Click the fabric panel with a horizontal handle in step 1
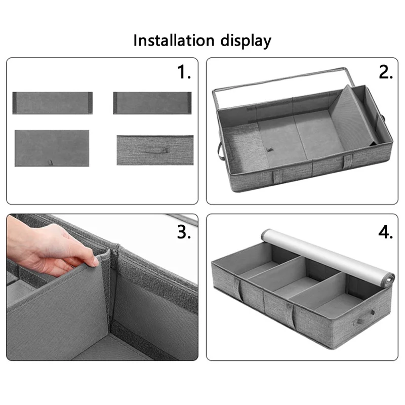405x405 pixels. click(x=155, y=150)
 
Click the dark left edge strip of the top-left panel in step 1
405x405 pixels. click(x=15, y=103)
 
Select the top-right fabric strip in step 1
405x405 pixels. click(x=152, y=103)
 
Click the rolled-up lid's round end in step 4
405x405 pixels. click(x=388, y=280)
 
